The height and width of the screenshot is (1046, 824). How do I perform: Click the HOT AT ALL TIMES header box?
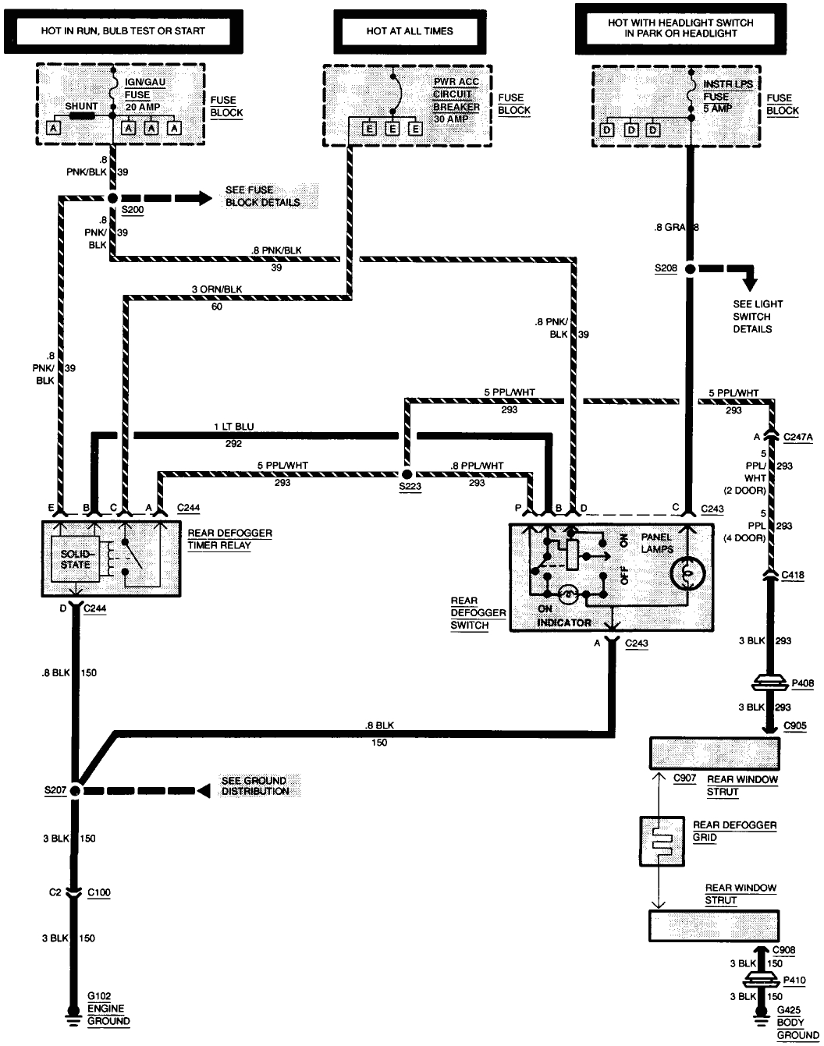point(410,31)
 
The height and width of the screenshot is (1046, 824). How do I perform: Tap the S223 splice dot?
point(407,473)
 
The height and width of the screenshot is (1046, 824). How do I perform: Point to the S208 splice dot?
point(690,269)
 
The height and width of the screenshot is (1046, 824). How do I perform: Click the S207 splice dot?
point(76,790)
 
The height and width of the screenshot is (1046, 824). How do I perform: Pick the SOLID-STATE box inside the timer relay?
point(75,559)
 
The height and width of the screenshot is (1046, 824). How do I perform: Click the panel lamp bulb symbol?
point(687,573)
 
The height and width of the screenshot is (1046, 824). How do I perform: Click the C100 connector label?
point(99,892)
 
